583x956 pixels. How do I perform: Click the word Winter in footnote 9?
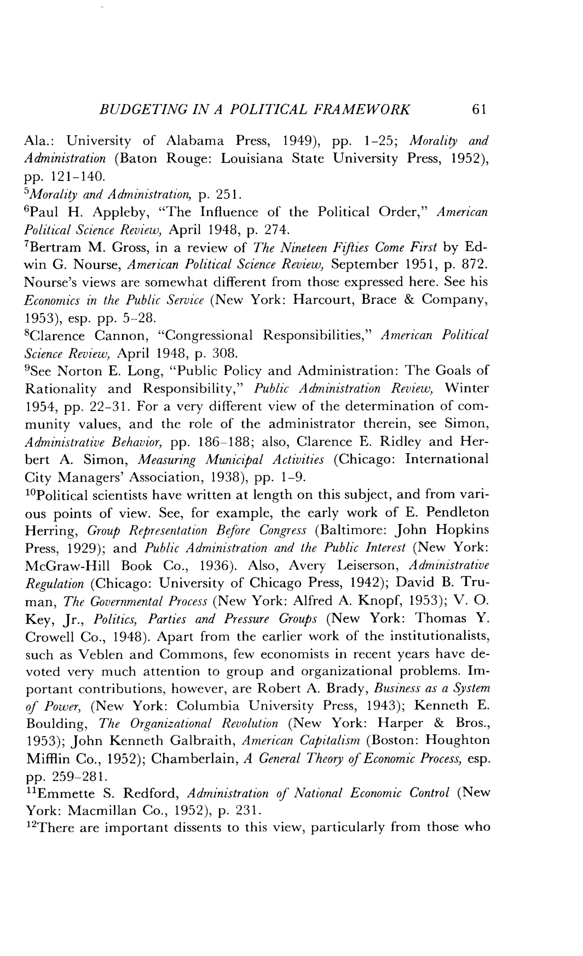[x=467, y=388]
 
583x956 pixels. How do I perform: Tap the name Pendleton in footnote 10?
[x=457, y=512]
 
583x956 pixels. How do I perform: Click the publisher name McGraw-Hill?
[x=67, y=566]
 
